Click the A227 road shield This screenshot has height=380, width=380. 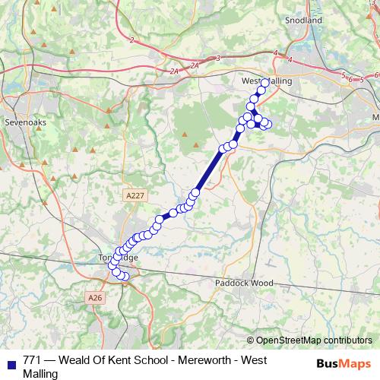(135, 196)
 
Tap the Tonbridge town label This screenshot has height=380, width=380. (118, 258)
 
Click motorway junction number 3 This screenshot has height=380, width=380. (218, 58)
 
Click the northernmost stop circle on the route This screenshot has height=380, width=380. (265, 82)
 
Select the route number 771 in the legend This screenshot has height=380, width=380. (33, 360)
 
